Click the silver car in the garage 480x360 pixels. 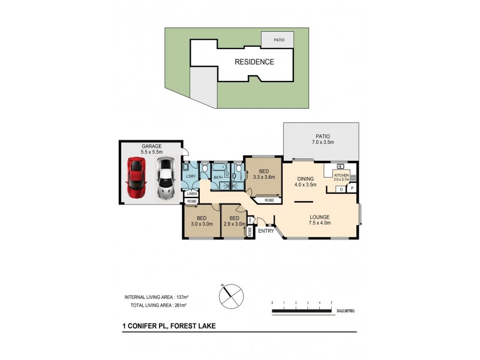(164, 178)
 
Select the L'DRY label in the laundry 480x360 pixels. (191, 175)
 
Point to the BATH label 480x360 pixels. (218, 177)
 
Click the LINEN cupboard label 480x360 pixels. (191, 194)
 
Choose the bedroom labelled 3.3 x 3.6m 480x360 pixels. (263, 178)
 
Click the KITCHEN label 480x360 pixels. (341, 175)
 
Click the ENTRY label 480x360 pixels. (266, 231)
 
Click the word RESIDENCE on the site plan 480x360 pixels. (254, 62)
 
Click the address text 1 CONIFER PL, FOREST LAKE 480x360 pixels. (169, 326)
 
